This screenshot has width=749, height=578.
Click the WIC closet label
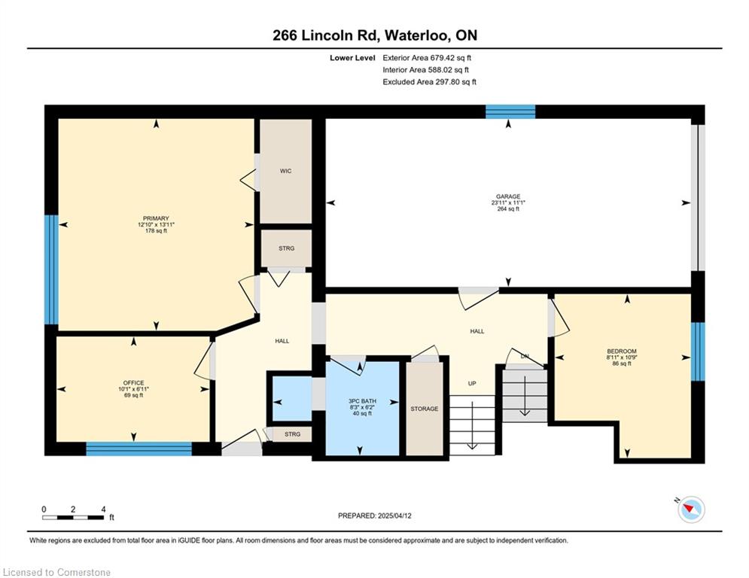(285, 171)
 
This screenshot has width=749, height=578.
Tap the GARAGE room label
(508, 196)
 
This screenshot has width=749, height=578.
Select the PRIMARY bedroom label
(157, 218)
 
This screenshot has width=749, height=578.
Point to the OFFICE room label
(134, 382)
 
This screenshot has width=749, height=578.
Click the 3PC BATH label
(362, 401)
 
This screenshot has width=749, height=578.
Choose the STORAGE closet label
(424, 409)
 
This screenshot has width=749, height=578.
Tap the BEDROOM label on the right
(622, 351)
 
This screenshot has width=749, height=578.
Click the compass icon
(691, 510)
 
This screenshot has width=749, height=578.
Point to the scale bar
(73, 517)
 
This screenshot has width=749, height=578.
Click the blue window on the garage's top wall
(510, 112)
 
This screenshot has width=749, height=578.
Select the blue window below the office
(139, 449)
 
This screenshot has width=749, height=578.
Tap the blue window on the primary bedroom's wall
(51, 270)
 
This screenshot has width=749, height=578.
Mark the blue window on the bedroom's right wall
(698, 351)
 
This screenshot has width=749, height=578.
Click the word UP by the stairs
(472, 383)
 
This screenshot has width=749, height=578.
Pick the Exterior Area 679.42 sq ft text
(427, 58)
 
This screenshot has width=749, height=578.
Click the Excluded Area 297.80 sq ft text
(429, 82)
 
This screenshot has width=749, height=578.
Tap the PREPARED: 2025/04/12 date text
(375, 516)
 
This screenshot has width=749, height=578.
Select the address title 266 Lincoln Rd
(326, 35)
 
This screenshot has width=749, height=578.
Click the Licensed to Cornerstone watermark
(56, 572)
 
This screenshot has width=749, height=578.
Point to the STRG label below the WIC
(287, 248)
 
